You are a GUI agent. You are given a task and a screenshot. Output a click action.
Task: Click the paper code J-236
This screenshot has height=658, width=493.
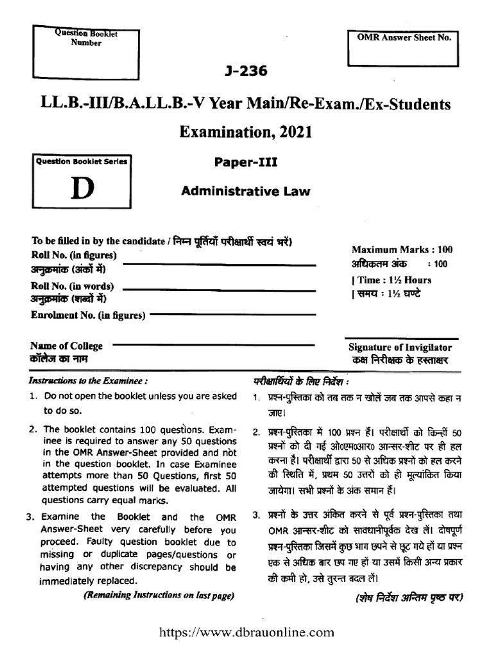pos(246,71)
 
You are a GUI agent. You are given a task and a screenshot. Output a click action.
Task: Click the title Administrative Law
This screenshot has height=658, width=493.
pos(246,190)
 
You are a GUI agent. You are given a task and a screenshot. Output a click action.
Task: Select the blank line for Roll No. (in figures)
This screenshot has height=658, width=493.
pos(225,265)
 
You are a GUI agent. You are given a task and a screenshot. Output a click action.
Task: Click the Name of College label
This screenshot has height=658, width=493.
pos(67,346)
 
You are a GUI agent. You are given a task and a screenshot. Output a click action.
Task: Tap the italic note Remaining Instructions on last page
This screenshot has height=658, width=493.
pos(157,596)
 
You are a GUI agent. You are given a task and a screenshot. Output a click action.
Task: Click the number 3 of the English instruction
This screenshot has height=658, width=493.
pos(30,517)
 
